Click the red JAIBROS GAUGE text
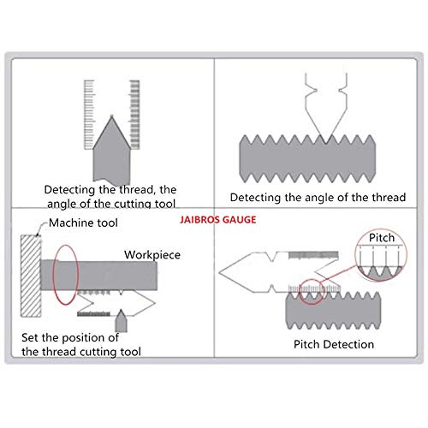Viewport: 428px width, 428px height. click(218, 220)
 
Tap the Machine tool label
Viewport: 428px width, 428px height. click(83, 223)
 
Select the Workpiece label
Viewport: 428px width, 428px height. click(152, 255)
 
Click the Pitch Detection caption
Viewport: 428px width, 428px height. click(334, 344)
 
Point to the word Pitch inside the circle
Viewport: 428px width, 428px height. click(382, 238)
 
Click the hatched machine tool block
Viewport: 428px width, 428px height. click(31, 276)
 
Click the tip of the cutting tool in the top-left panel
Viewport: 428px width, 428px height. click(112, 116)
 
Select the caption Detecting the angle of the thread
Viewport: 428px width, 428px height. click(318, 198)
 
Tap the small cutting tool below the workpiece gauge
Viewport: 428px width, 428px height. click(121, 321)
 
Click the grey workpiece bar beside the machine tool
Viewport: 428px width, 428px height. click(98, 276)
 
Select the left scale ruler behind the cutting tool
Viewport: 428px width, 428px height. click(89, 115)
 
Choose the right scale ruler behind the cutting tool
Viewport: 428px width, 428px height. click(134, 115)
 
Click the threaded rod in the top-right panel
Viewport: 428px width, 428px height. click(307, 158)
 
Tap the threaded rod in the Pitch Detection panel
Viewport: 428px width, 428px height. click(333, 311)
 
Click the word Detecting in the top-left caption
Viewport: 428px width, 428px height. click(69, 190)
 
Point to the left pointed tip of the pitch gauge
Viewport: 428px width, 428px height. click(220, 272)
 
